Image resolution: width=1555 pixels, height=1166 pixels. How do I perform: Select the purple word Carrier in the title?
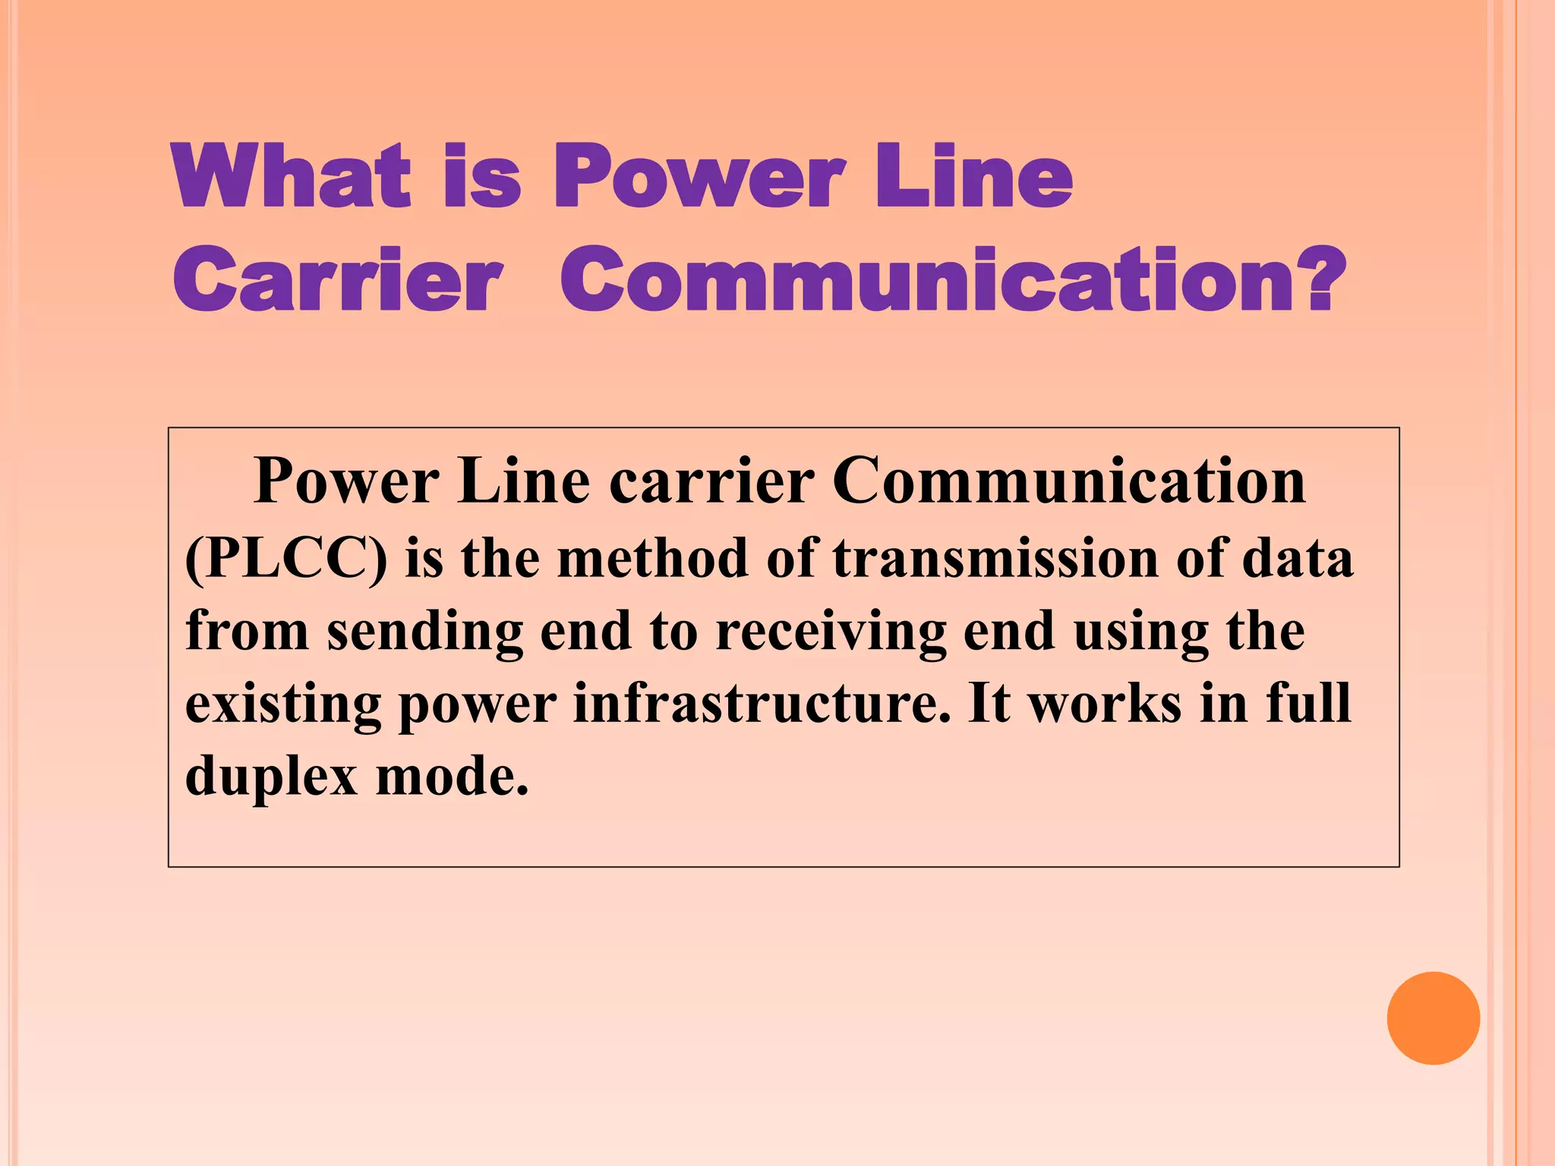coord(338,280)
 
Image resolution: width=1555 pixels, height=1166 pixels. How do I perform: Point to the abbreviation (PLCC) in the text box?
coord(285,559)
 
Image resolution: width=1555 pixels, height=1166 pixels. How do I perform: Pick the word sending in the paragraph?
coord(424,632)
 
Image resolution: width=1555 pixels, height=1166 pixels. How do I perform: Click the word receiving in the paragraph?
coord(831,632)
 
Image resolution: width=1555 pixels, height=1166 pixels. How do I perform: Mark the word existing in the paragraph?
coord(282,704)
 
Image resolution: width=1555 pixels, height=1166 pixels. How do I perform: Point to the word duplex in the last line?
coord(271,777)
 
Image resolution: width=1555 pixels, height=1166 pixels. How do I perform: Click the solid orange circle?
coord(1433,1018)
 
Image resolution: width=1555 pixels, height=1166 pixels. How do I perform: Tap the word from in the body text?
coord(247,631)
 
